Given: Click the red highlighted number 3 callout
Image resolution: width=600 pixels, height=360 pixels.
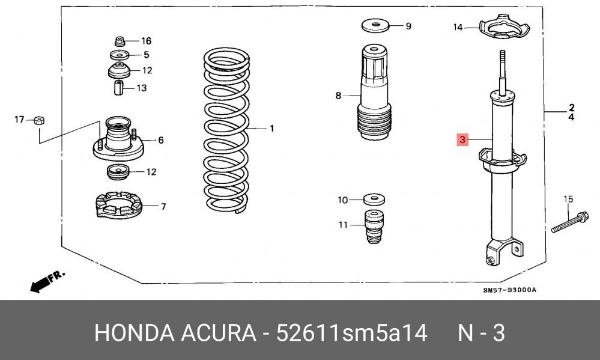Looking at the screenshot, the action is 462,140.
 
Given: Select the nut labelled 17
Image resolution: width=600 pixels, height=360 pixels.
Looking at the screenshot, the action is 39,120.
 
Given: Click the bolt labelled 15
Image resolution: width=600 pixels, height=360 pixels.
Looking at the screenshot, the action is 570,222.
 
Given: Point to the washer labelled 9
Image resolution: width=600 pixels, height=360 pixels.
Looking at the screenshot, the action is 377,25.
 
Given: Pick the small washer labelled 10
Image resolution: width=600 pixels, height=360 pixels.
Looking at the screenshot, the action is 374,200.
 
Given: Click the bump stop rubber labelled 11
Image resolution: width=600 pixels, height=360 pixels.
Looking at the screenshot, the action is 374,227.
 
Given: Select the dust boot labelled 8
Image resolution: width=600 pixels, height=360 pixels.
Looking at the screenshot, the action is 374,92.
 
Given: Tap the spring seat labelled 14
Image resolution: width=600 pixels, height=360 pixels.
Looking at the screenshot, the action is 505,27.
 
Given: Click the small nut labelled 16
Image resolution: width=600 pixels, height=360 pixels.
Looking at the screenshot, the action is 120,41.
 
